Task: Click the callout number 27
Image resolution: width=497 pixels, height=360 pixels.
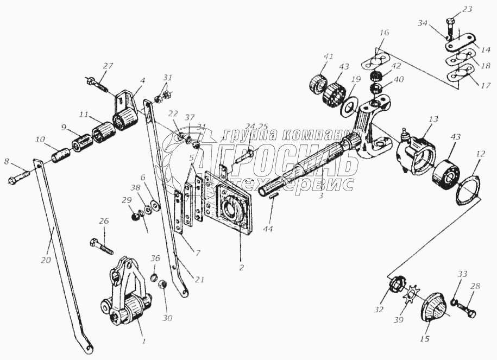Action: [x=108, y=66]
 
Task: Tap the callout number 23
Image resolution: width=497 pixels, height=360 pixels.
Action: [x=453, y=9]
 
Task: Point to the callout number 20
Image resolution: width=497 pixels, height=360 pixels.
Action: [x=46, y=260]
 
